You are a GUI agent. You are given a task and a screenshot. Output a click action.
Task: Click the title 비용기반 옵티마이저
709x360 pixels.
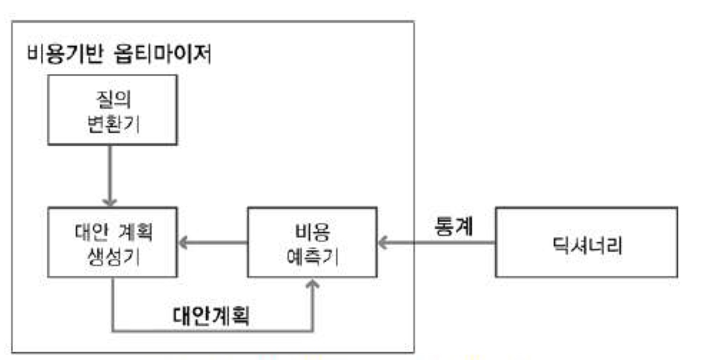pos(119,55)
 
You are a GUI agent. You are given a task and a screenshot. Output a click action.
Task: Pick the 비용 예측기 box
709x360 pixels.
pos(312,242)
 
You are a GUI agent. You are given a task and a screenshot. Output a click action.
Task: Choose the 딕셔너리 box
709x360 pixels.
pos(586,242)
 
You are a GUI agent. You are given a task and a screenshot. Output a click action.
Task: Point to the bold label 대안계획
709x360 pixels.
pos(212,316)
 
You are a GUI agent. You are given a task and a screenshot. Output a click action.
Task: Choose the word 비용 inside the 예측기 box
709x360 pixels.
pos(312,231)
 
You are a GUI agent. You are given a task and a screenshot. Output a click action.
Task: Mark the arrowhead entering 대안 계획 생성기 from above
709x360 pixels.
pos(110,202)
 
